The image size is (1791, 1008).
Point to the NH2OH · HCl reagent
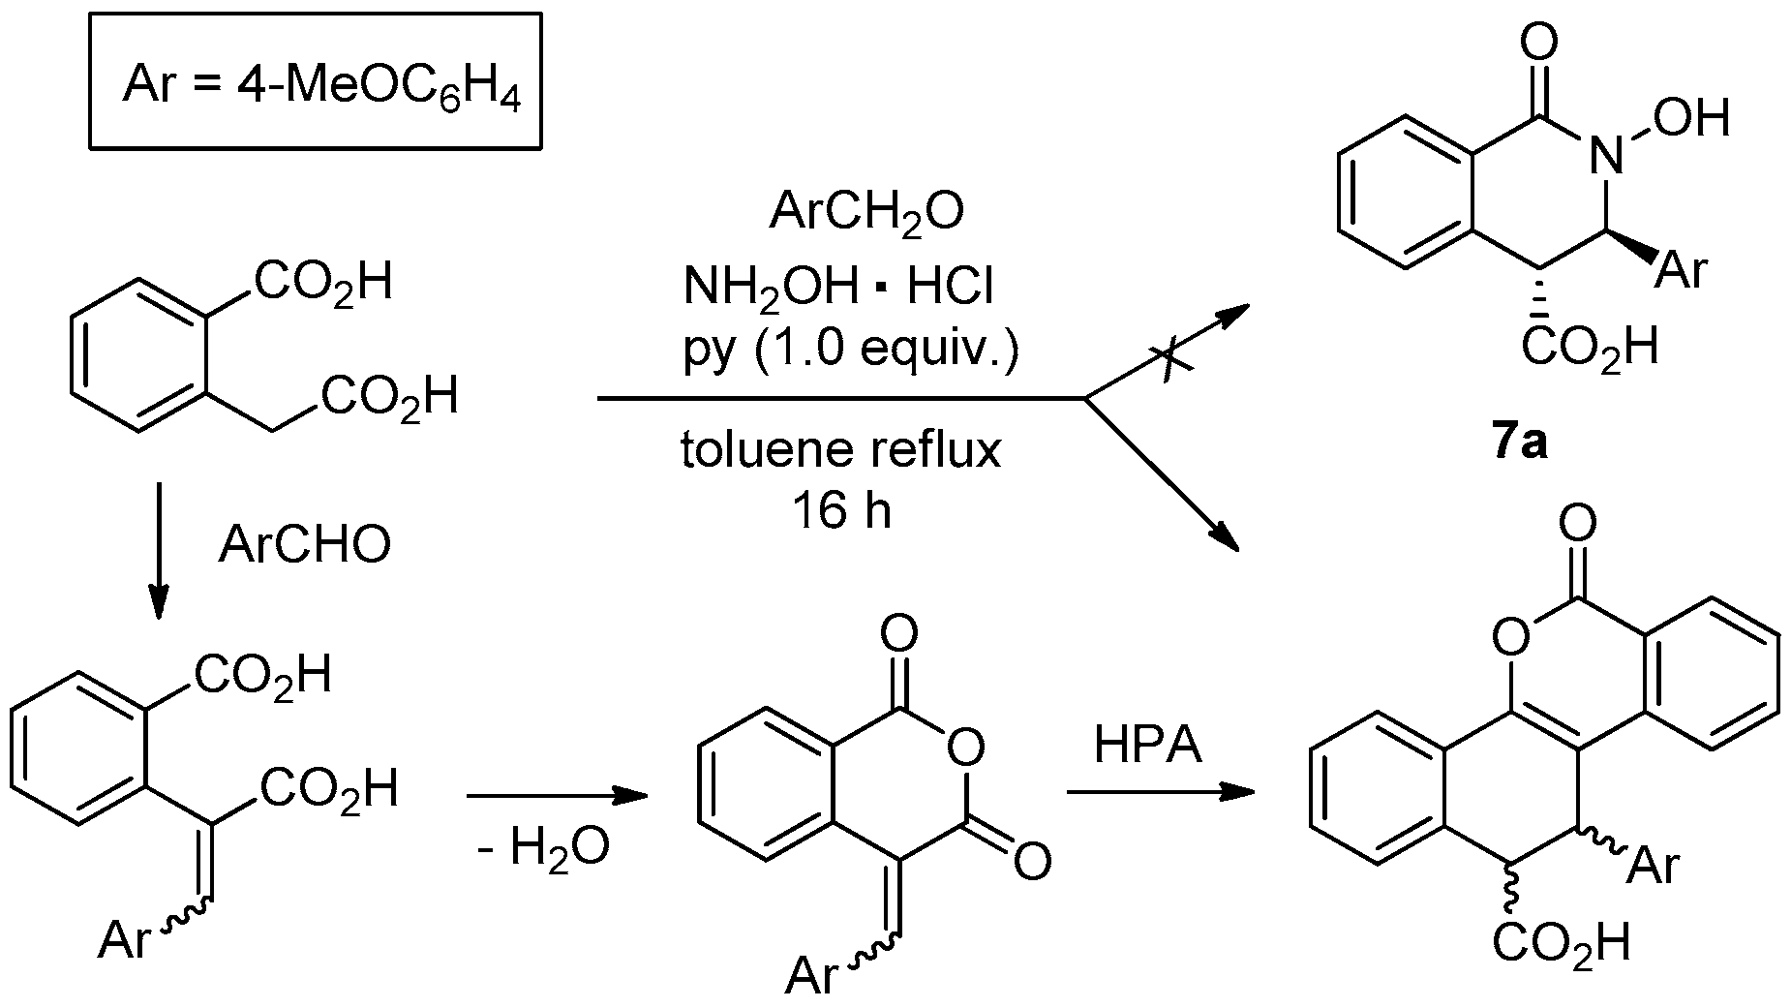tap(838, 286)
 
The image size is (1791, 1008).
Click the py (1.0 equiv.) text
tap(851, 351)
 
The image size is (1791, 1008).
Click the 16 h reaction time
tap(841, 510)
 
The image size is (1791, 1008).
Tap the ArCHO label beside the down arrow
tap(305, 545)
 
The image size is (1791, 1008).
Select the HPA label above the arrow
tap(1148, 746)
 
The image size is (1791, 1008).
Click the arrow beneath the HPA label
tap(1159, 793)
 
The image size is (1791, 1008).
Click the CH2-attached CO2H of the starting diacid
tap(389, 397)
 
